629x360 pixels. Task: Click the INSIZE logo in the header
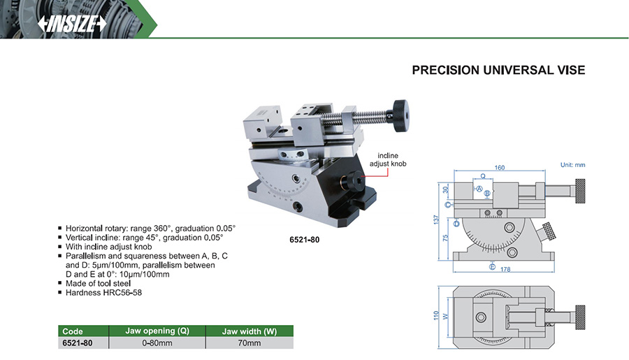point(72,24)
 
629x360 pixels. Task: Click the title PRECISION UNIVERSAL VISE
point(498,70)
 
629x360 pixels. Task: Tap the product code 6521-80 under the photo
point(305,240)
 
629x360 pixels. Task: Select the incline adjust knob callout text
point(387,159)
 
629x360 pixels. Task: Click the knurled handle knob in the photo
point(400,115)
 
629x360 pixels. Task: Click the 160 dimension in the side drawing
point(500,168)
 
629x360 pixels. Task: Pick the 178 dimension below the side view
point(505,269)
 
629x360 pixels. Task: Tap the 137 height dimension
point(436,219)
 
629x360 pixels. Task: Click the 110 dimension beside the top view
point(436,315)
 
